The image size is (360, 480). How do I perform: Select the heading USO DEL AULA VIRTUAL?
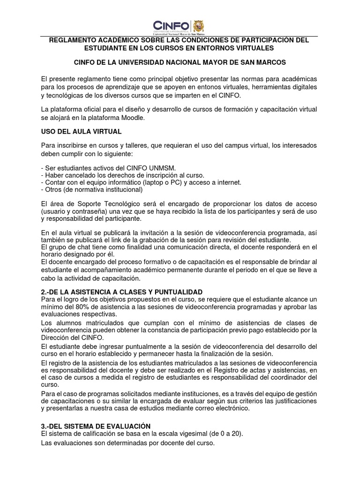[x=82, y=131]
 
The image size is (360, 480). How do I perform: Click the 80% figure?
[x=82, y=307]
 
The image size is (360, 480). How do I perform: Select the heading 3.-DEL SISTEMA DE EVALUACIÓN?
[x=96, y=426]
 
